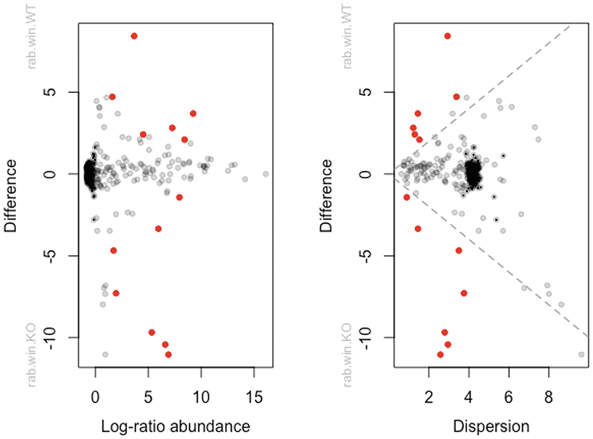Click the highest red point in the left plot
[134, 36]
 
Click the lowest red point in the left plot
[169, 354]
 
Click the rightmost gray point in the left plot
[266, 174]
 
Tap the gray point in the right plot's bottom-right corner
[581, 354]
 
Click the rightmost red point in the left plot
[193, 114]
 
